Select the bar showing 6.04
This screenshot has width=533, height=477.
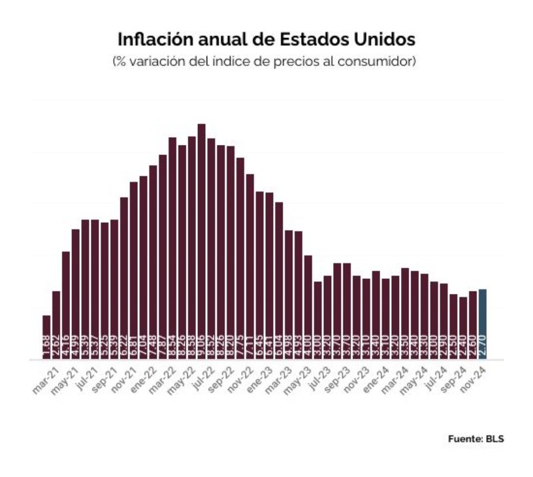pos(278,279)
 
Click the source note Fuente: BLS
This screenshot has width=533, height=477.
pos(474,439)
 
